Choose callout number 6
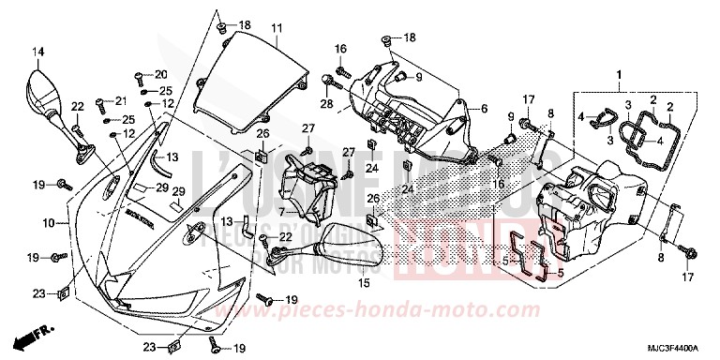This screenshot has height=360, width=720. click(484, 109)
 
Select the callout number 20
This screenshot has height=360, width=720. click(160, 74)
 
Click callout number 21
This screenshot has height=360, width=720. click(121, 101)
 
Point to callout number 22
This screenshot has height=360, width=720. click(78, 106)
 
